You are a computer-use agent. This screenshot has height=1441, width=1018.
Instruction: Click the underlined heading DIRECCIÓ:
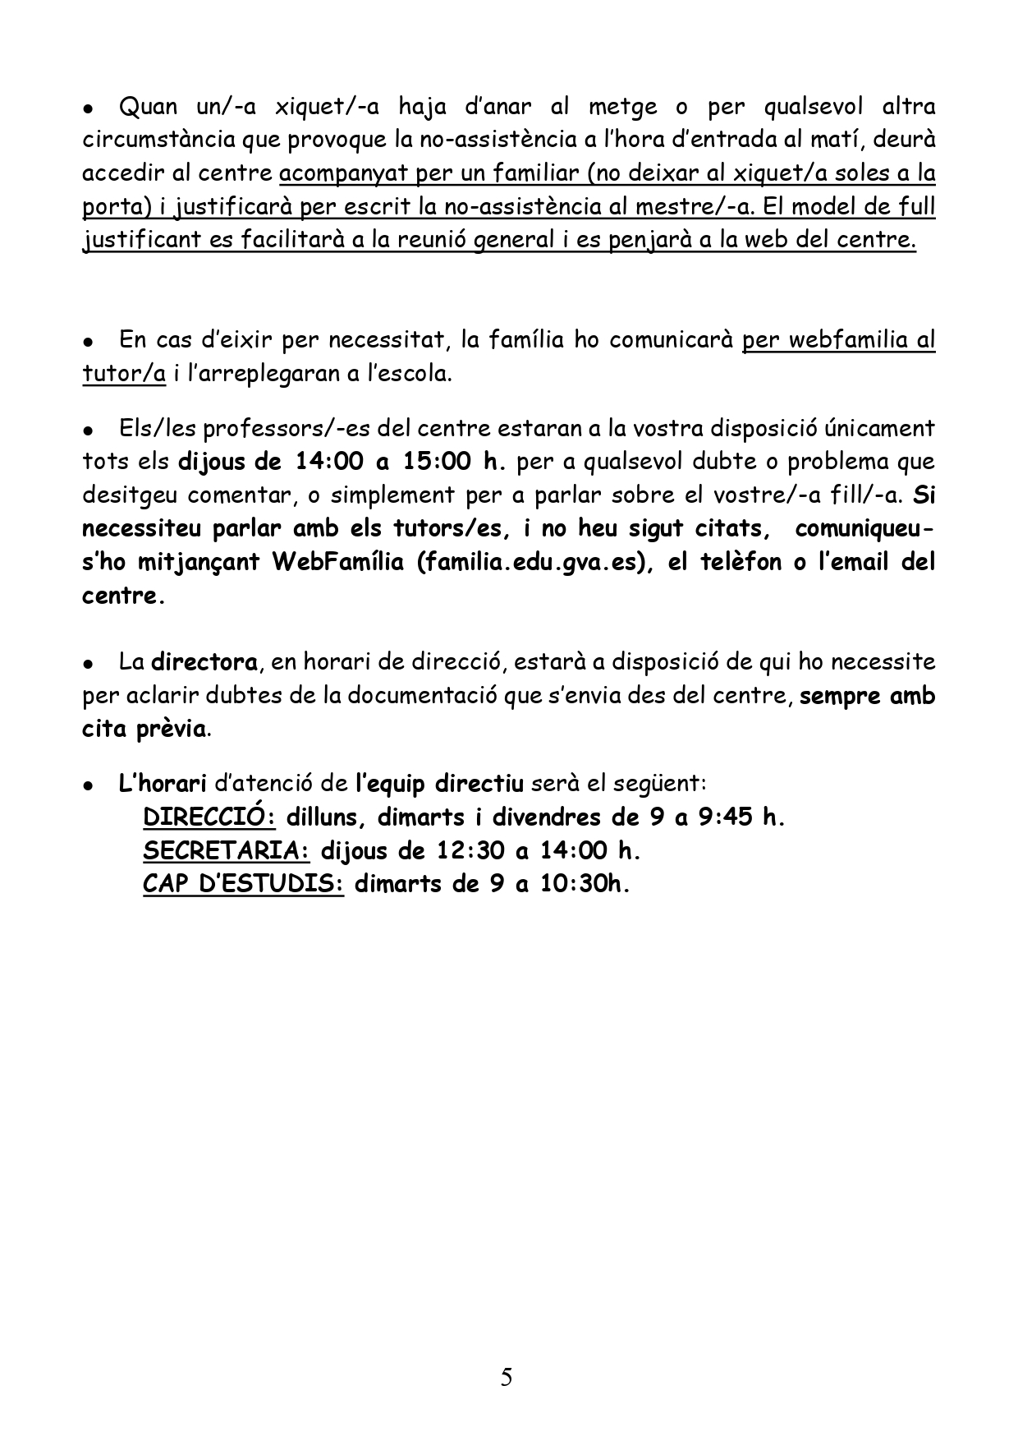(209, 818)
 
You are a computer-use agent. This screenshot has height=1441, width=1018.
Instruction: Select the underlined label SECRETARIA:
(227, 852)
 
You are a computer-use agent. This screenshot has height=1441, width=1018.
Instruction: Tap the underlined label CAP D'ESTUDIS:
(243, 886)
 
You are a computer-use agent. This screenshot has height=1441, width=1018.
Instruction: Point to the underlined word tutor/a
(124, 374)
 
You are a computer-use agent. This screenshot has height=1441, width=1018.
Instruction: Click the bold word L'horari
(162, 784)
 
